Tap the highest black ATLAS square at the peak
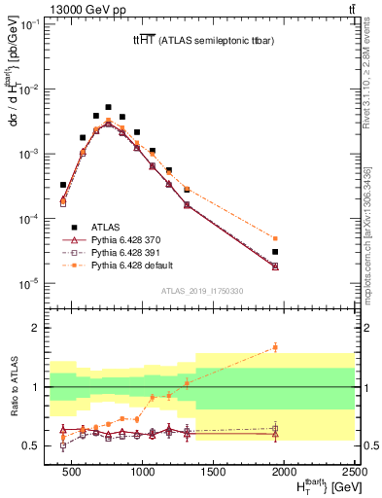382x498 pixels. [109, 107]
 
